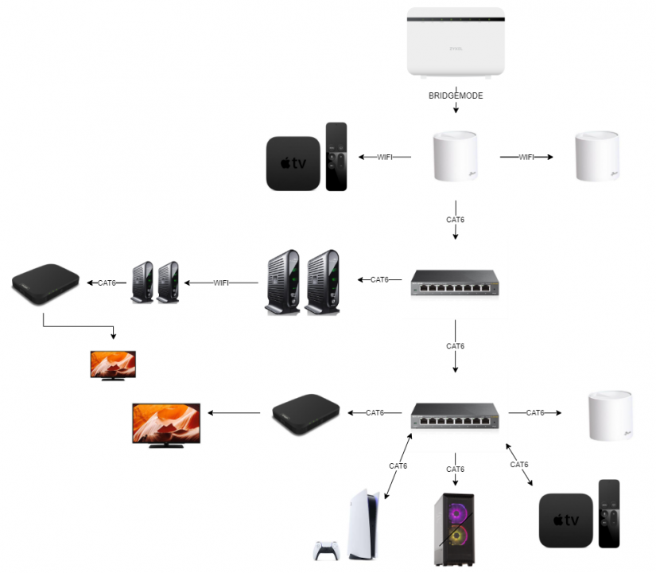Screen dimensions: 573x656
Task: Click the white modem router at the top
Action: [456, 41]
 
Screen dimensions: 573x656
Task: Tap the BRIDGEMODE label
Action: [456, 95]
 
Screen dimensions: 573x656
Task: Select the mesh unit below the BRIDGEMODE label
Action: [456, 157]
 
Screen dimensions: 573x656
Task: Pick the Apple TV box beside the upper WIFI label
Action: [293, 163]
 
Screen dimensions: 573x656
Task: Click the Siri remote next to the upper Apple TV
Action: [336, 157]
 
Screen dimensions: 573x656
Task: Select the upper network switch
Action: [455, 283]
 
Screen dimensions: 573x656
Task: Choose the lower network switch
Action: [455, 415]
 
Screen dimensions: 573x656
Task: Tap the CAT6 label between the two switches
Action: [455, 346]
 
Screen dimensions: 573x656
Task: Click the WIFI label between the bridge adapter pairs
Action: [222, 282]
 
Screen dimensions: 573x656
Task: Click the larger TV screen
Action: [166, 424]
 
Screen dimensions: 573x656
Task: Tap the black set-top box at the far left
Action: [46, 283]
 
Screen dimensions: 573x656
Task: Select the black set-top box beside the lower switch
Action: [306, 414]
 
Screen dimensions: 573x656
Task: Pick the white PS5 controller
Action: [325, 550]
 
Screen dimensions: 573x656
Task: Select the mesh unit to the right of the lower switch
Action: [611, 415]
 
